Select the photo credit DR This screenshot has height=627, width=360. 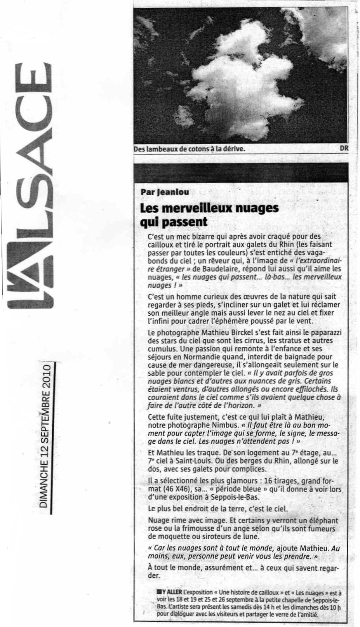344,148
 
